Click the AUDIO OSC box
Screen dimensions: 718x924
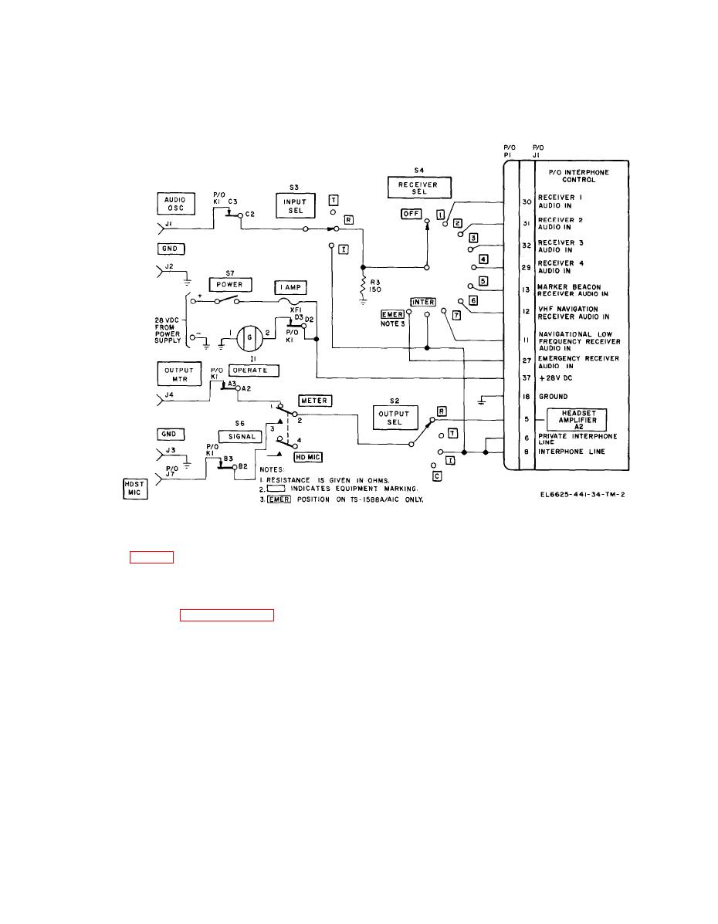point(176,203)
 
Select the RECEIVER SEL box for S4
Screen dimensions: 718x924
point(419,188)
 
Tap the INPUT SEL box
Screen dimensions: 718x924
point(296,205)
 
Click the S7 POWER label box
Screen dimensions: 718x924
point(230,285)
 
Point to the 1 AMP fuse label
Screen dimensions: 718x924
point(290,288)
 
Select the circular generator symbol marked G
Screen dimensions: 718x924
point(249,337)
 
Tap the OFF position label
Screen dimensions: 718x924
point(411,214)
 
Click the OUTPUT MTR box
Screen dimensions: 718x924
point(179,374)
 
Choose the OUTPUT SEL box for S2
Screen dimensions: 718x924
point(395,418)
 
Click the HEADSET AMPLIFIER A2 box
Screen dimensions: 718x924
point(577,420)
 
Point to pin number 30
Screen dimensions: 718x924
point(527,201)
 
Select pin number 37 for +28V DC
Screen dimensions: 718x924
point(527,377)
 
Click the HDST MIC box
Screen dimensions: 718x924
point(135,489)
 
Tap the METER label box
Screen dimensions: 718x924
point(315,401)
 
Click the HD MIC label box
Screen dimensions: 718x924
point(308,457)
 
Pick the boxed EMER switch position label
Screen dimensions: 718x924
point(393,315)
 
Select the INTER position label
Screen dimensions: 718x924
point(423,303)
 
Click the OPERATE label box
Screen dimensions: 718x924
point(253,371)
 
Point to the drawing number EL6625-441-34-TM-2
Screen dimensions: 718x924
point(582,494)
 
